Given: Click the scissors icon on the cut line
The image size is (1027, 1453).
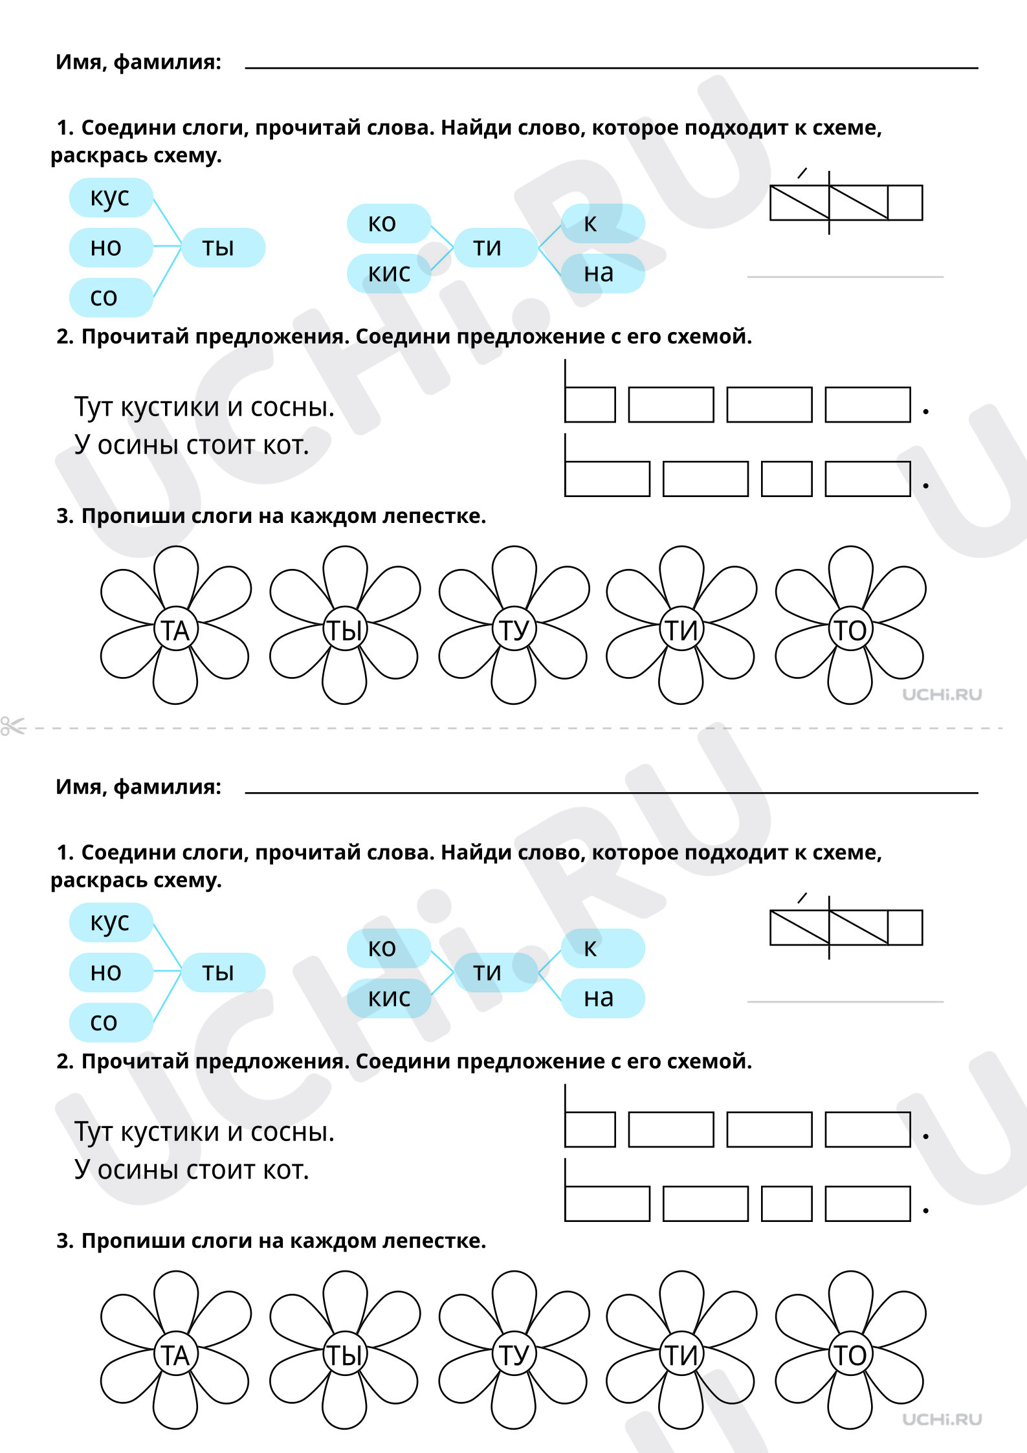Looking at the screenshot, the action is pos(13,726).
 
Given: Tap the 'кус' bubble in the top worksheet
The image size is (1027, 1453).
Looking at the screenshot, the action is pos(111,197).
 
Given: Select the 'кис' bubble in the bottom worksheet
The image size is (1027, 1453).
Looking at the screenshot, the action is pos(389,998).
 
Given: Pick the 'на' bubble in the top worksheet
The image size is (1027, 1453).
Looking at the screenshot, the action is pos(602,273).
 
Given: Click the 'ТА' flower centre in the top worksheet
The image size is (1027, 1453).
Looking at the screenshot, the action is pos(175,630).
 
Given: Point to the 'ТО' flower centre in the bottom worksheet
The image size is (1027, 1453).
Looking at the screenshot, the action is pos(850,1355).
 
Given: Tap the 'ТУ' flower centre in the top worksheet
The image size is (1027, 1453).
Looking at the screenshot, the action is pos(514,630).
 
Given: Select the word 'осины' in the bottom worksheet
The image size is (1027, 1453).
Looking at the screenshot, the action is pos(138,1170).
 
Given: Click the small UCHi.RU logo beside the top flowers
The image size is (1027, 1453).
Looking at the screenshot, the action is pos(942,694).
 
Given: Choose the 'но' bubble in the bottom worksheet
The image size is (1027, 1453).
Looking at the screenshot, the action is pos(111,972).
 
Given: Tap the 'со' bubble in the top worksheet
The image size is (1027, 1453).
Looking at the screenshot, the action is pos(111,297).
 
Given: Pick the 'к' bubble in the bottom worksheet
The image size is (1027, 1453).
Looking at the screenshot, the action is pos(602,948).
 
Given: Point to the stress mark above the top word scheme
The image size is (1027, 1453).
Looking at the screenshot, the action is pos(802,173).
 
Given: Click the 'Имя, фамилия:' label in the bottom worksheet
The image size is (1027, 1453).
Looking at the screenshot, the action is pos(138,787).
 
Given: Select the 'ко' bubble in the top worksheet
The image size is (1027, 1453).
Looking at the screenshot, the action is pos(389,223).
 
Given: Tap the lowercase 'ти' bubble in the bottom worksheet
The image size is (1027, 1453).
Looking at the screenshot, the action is pos(496,972).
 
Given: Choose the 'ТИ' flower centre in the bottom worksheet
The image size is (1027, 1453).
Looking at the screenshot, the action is pos(681,1355).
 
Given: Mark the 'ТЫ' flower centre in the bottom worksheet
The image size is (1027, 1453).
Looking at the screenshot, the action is pos(345,1355).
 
